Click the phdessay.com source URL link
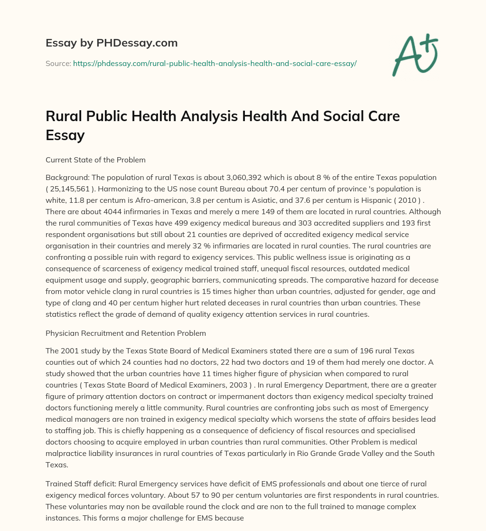215,63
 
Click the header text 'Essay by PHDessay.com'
112,43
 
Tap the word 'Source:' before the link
58,63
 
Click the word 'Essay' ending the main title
65,135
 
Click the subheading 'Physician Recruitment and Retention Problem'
126,333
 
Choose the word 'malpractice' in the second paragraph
67,453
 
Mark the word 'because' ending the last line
230,517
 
